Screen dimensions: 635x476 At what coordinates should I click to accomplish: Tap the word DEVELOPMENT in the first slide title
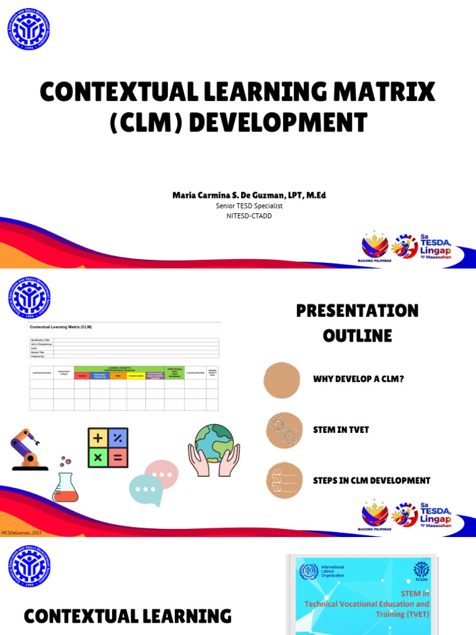coord(278,122)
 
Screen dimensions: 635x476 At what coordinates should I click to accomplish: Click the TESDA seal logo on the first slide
coord(29,29)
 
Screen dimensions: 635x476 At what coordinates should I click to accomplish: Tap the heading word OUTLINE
coord(357,336)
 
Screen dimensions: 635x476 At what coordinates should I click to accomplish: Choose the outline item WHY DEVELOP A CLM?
coord(358,379)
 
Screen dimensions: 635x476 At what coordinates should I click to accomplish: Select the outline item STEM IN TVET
coord(341,430)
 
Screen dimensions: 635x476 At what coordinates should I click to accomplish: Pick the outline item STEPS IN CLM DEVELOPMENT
coord(371,481)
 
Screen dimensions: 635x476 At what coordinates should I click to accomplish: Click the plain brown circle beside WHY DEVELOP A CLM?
coord(283,379)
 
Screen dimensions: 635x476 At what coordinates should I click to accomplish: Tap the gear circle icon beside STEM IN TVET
coord(283,430)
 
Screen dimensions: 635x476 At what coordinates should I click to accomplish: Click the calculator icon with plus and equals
coord(108,448)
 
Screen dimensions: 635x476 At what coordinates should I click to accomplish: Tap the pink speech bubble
coord(161,474)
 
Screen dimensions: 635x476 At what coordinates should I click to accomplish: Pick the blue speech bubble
coord(146,490)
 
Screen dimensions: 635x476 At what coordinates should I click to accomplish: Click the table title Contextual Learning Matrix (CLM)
coord(61,326)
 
